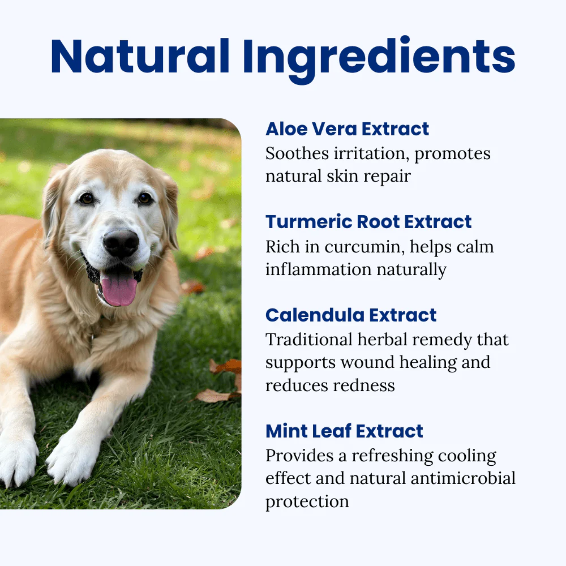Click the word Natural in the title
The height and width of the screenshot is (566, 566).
(140, 57)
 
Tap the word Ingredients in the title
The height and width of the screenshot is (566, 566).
(379, 60)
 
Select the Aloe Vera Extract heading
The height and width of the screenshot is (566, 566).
(347, 129)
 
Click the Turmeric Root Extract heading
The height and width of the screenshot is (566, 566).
(369, 222)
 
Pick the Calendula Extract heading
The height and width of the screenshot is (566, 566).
(351, 315)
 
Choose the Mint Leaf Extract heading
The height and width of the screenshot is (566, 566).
(344, 431)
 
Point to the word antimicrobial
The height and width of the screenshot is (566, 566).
(463, 478)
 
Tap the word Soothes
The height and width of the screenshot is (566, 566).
(297, 154)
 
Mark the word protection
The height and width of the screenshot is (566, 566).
(307, 502)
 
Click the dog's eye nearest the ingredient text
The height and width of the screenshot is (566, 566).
(145, 198)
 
